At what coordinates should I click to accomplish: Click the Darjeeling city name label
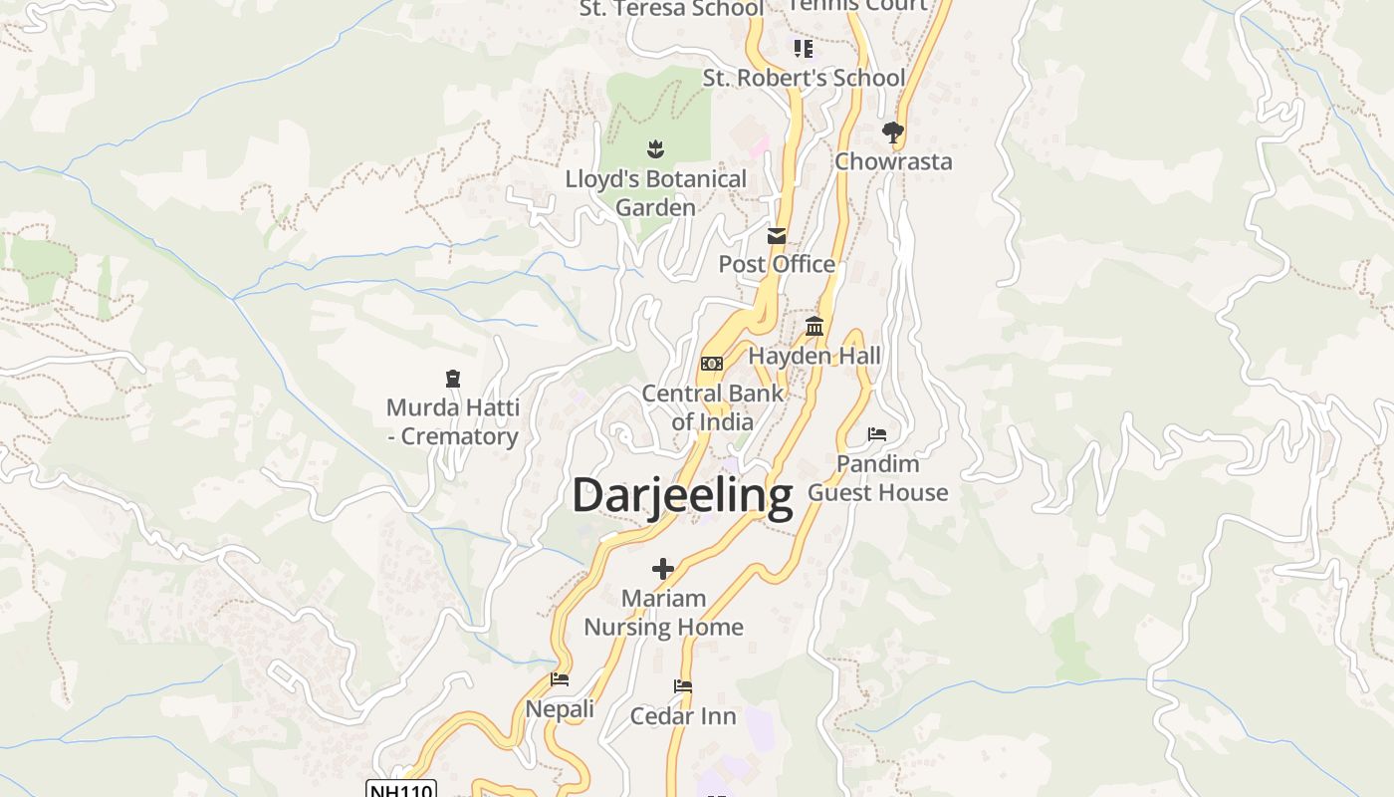click(x=682, y=495)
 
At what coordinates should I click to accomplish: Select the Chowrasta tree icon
click(x=893, y=132)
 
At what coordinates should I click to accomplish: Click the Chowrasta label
click(x=893, y=161)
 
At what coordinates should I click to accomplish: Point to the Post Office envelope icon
click(x=777, y=236)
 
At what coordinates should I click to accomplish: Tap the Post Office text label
click(x=777, y=264)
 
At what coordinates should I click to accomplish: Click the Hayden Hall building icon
click(x=814, y=326)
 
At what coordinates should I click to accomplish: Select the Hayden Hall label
click(x=814, y=356)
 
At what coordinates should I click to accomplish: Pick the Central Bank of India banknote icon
click(x=712, y=364)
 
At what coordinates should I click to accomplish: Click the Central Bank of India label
click(x=712, y=406)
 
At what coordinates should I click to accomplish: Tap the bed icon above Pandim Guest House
click(x=877, y=434)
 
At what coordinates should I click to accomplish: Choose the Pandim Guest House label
click(x=877, y=478)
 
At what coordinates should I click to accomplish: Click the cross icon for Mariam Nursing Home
click(x=663, y=569)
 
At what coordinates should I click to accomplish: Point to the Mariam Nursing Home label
click(x=663, y=613)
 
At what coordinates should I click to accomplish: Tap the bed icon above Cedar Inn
click(x=683, y=686)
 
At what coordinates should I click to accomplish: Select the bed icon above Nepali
click(x=560, y=679)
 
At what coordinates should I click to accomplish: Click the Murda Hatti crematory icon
click(x=453, y=379)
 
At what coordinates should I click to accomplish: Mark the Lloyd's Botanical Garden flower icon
click(x=655, y=149)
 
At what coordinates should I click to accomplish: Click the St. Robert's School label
click(x=805, y=78)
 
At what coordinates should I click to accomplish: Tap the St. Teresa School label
click(x=672, y=9)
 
